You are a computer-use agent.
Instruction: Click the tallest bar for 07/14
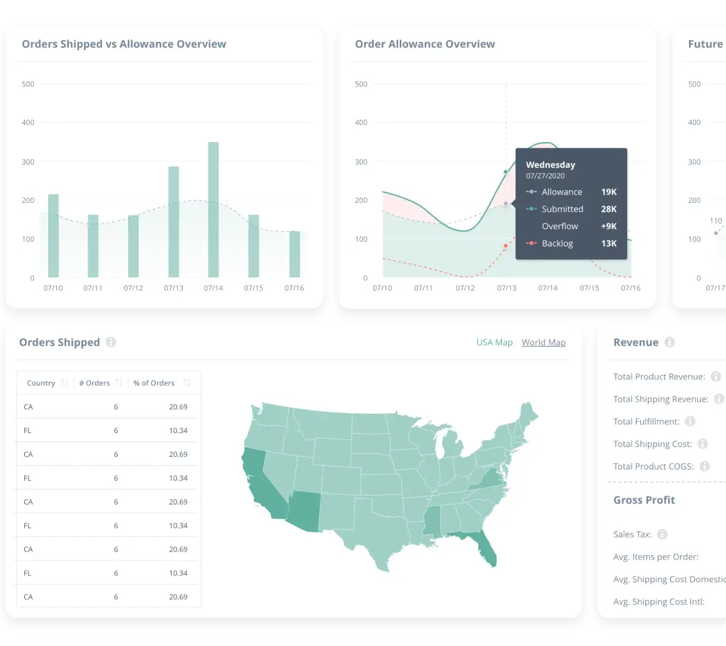(213, 210)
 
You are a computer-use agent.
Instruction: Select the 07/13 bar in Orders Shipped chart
(173, 222)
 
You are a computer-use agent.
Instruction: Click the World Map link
(543, 342)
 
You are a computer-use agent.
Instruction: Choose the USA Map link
(494, 342)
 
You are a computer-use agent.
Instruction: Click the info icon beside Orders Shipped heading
(111, 342)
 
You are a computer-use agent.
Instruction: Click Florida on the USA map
(486, 550)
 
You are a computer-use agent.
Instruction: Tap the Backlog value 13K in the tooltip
(609, 244)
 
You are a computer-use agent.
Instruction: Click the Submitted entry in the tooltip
(562, 209)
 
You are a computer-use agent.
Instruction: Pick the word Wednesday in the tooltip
(550, 165)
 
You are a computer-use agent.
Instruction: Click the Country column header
(41, 383)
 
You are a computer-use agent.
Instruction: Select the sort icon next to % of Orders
(187, 383)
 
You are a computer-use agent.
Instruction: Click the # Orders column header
(95, 383)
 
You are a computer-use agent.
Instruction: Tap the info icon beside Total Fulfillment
(690, 421)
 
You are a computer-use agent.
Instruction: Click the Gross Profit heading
(644, 500)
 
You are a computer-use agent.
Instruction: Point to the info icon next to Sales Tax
(662, 535)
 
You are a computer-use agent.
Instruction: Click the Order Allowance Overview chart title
(425, 44)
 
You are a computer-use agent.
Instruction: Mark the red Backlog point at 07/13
(506, 246)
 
